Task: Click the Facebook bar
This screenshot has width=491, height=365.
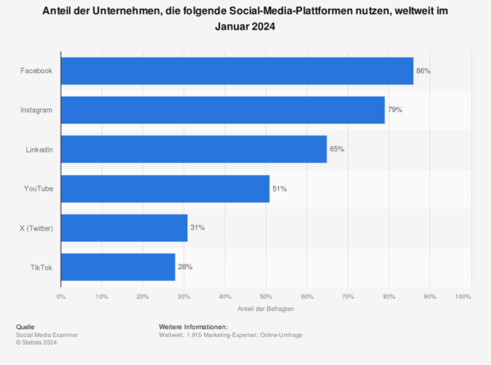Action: click(x=236, y=71)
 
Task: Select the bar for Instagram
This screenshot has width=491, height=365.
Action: click(x=223, y=110)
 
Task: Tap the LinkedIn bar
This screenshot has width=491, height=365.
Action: click(x=193, y=149)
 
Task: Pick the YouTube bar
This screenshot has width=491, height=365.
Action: click(x=164, y=188)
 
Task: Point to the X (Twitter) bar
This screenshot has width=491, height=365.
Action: click(x=124, y=228)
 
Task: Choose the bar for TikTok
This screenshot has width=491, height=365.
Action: click(x=118, y=267)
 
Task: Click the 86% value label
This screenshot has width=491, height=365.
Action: click(x=423, y=71)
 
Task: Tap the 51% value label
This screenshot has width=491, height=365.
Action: click(x=280, y=188)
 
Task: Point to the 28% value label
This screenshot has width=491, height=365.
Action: click(x=185, y=267)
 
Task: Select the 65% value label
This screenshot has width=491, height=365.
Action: click(x=337, y=149)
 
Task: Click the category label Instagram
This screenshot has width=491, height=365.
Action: click(x=37, y=110)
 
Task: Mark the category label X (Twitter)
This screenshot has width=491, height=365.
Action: click(x=34, y=228)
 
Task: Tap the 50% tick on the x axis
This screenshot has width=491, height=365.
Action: click(x=265, y=295)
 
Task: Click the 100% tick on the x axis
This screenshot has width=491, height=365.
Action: click(x=463, y=295)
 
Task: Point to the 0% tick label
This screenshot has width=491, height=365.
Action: click(x=61, y=295)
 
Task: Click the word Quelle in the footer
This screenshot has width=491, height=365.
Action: click(x=25, y=327)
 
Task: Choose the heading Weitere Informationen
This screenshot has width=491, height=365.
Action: click(x=193, y=327)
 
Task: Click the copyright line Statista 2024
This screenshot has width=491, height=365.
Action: click(x=38, y=342)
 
